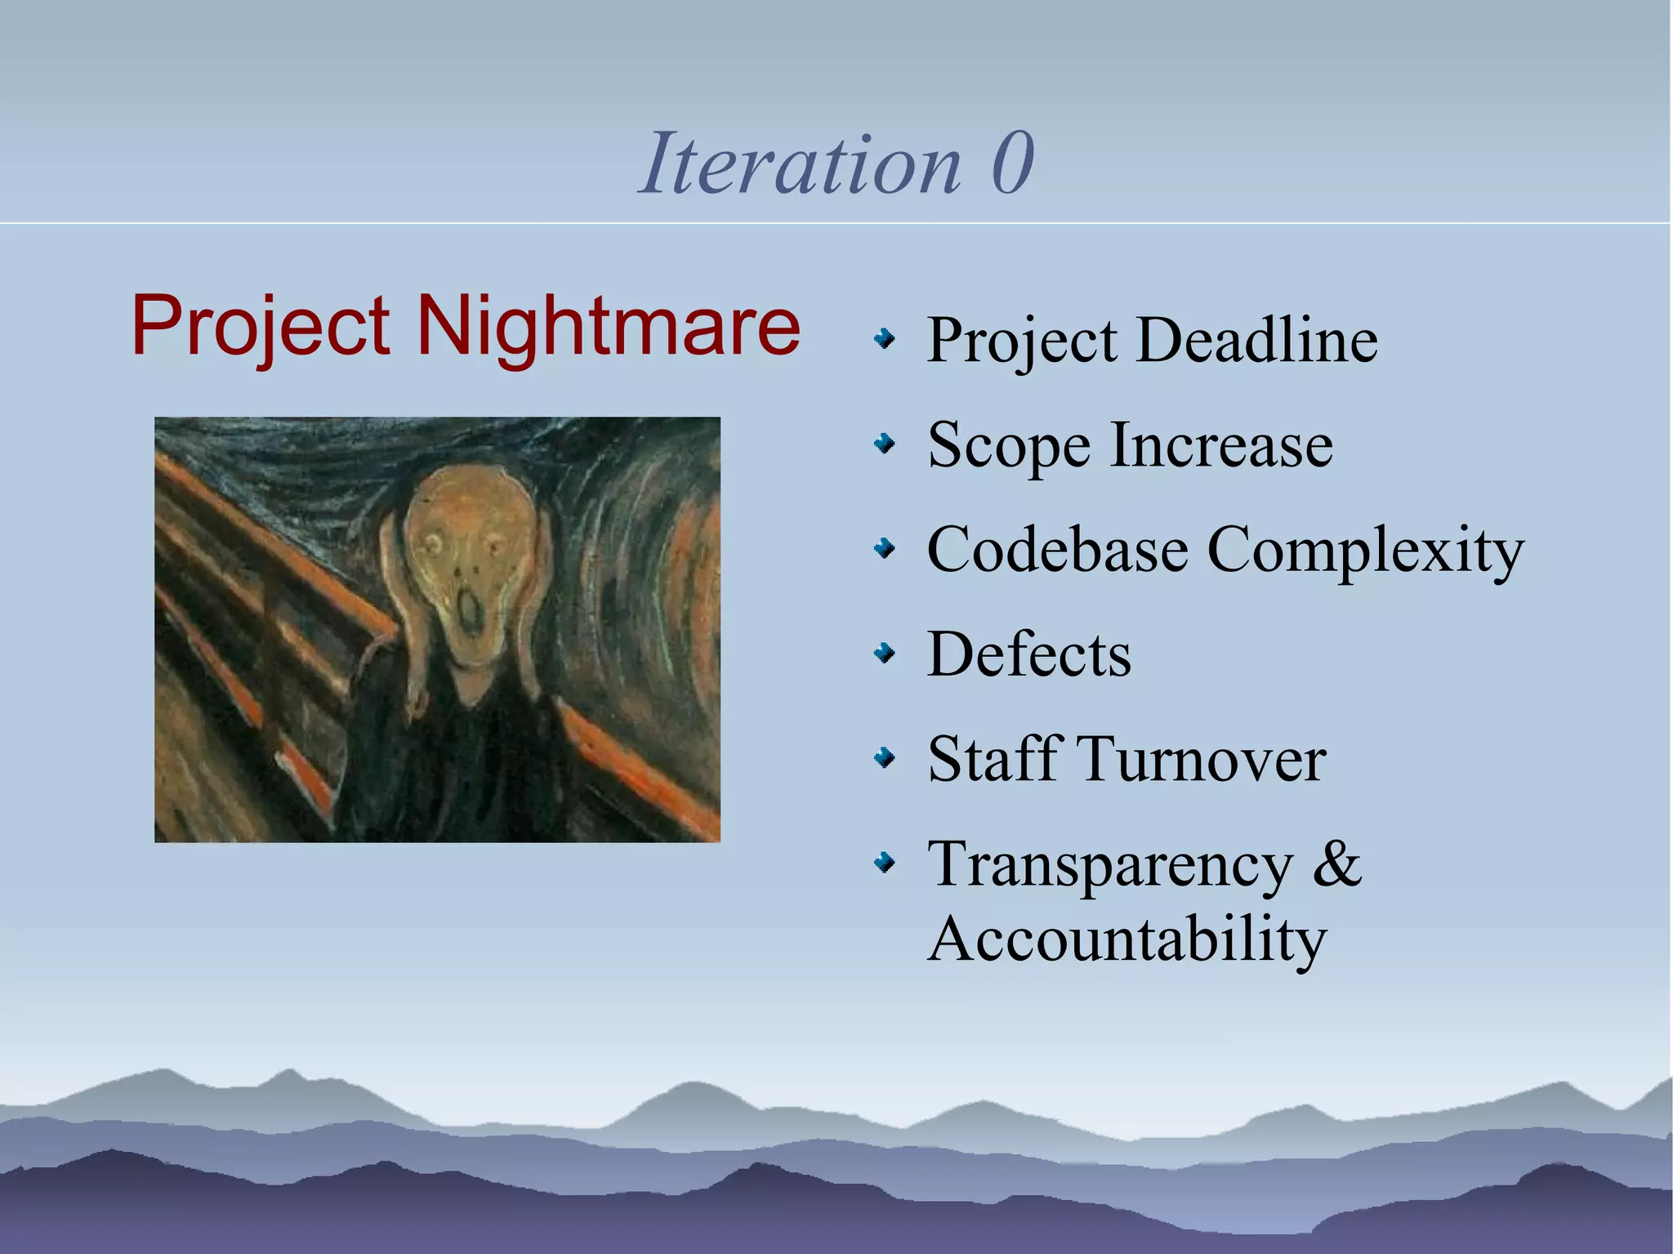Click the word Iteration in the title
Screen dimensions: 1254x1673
pyautogui.click(x=801, y=164)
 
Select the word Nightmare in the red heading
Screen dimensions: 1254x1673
pyautogui.click(x=609, y=326)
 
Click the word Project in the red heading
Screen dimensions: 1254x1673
pyautogui.click(x=261, y=326)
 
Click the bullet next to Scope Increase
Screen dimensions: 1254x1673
pyautogui.click(x=884, y=444)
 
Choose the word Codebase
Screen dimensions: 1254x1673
pyautogui.click(x=1057, y=550)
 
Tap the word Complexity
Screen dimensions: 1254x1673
pyautogui.click(x=1365, y=550)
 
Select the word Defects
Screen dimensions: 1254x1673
pyautogui.click(x=1029, y=654)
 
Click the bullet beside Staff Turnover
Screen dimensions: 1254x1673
pyautogui.click(x=884, y=758)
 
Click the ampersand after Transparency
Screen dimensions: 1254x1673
pyautogui.click(x=1336, y=864)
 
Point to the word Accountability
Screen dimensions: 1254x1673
pyautogui.click(x=1127, y=939)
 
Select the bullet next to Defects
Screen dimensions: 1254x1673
pyautogui.click(x=884, y=654)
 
